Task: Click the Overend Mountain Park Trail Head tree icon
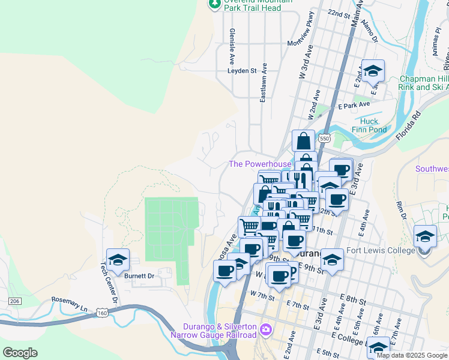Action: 214,4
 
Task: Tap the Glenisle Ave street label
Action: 232,47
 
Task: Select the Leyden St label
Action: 242,70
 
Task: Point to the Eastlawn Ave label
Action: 263,84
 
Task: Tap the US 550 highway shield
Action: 325,138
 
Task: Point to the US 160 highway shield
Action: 103,313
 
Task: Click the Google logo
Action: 20,353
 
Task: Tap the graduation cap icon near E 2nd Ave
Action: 373,71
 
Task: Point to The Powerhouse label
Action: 260,164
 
